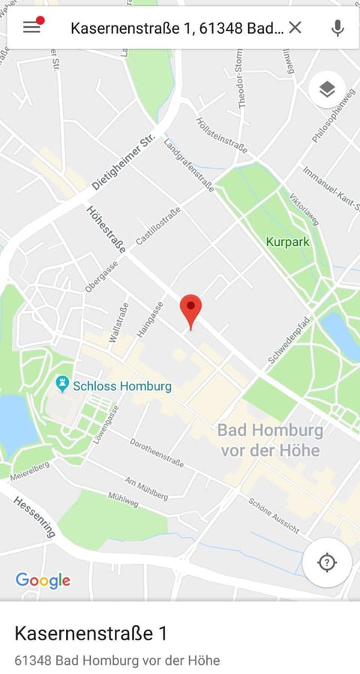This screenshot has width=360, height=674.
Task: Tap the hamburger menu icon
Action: (x=31, y=27)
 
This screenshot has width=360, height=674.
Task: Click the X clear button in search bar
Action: (x=295, y=28)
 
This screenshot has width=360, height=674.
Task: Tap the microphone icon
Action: (x=337, y=28)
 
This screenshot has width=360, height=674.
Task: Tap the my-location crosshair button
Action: (x=327, y=562)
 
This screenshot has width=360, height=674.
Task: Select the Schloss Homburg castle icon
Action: (x=63, y=385)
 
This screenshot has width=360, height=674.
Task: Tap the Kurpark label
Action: (x=287, y=242)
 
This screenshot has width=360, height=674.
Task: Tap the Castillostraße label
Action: (x=158, y=226)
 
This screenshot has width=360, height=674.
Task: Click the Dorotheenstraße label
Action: (x=157, y=452)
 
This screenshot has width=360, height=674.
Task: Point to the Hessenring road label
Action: (x=34, y=516)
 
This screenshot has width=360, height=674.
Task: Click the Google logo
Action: (x=43, y=580)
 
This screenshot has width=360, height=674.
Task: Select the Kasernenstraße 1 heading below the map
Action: (x=90, y=634)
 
